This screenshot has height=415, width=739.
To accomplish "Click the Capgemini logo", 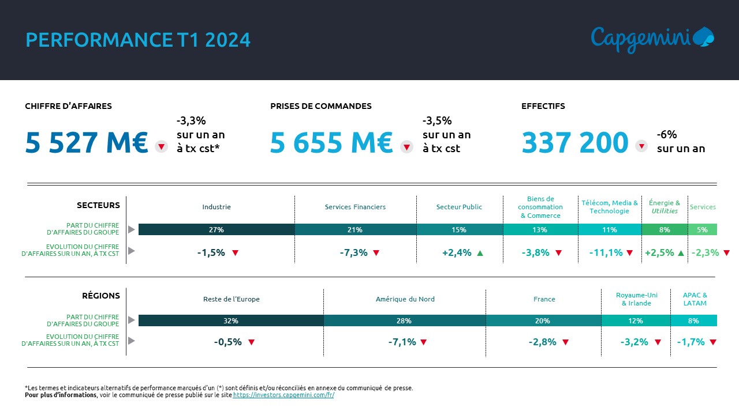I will (652, 38).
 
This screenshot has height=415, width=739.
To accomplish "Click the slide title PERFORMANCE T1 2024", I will (138, 40).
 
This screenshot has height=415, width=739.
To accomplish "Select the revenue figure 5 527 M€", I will (87, 143).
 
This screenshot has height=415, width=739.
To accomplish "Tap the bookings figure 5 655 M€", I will (331, 143).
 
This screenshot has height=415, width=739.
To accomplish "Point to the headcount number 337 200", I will (575, 143).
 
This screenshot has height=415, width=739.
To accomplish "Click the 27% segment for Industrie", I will (217, 229).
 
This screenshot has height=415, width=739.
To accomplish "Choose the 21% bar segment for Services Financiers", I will (355, 229).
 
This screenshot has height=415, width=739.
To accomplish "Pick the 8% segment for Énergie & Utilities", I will (665, 229).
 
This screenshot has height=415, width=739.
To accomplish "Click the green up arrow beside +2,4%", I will (480, 252).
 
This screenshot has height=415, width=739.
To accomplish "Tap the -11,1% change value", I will (606, 252).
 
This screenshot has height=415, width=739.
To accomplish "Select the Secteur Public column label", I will (459, 207).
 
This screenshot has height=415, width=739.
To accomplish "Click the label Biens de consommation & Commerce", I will (540, 207).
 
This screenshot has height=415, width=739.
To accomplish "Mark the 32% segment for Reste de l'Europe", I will (231, 320).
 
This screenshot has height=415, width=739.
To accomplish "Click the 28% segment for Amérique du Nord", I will (404, 320).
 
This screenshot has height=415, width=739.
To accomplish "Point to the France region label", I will (544, 299).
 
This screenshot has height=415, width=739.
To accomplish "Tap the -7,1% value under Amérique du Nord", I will (402, 342).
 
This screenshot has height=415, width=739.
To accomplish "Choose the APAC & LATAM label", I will (695, 299).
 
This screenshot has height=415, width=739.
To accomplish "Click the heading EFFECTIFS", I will (543, 106).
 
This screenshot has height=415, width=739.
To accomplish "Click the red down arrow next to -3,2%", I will (658, 342).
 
